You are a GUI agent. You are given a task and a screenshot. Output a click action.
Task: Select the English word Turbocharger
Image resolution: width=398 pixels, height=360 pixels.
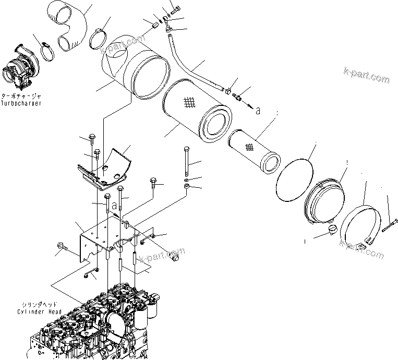pyautogui.click(x=21, y=103)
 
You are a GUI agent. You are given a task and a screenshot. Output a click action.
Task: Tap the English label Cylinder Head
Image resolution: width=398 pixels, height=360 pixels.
pyautogui.click(x=38, y=312)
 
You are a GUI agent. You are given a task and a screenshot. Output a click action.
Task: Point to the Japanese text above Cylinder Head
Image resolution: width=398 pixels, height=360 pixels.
pyautogui.click(x=38, y=305)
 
